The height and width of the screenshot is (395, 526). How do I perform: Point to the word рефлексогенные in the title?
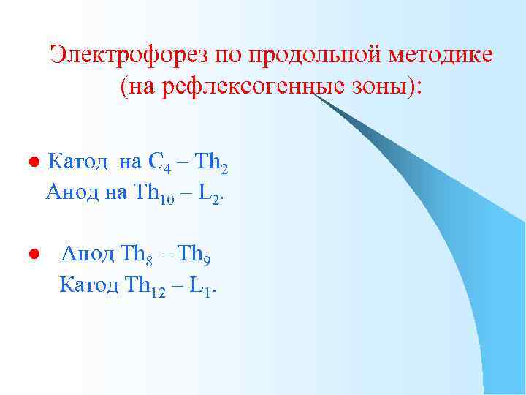coord(245,88)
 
